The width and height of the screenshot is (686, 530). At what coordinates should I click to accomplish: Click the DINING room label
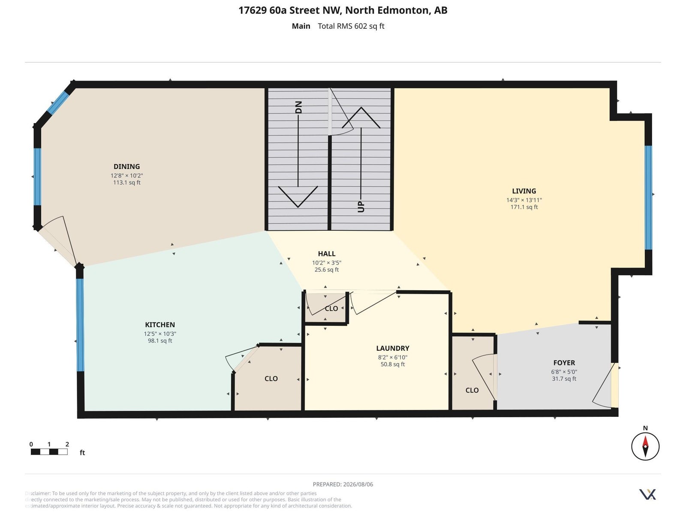(x=126, y=166)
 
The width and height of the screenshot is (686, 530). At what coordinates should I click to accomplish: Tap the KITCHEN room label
(x=160, y=325)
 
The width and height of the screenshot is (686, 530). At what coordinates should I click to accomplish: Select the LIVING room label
(x=524, y=191)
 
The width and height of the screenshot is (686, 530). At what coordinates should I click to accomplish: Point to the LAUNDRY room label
(x=392, y=348)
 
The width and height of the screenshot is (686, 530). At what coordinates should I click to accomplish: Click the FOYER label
(x=564, y=363)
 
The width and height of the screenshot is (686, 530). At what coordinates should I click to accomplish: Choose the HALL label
(x=326, y=253)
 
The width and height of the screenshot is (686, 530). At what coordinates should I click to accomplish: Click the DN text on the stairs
(x=298, y=107)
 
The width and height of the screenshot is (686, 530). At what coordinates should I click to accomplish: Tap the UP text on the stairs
(x=361, y=207)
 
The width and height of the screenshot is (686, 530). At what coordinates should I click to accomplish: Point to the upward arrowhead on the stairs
(x=361, y=117)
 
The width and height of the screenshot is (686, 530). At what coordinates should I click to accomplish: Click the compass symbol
(x=645, y=446)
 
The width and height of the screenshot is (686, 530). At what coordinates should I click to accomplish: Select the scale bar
(x=49, y=452)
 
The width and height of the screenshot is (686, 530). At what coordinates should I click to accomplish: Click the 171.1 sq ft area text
(x=524, y=207)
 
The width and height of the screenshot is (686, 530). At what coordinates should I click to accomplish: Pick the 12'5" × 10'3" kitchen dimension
(x=160, y=334)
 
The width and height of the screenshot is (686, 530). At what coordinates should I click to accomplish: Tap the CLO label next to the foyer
(x=472, y=390)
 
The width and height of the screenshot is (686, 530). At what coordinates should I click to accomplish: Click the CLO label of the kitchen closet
(x=271, y=379)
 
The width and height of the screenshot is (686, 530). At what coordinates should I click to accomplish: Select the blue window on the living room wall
(x=648, y=198)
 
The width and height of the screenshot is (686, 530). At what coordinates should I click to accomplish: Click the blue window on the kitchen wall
(x=80, y=325)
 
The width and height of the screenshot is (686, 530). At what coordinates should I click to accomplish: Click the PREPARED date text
(x=343, y=484)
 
